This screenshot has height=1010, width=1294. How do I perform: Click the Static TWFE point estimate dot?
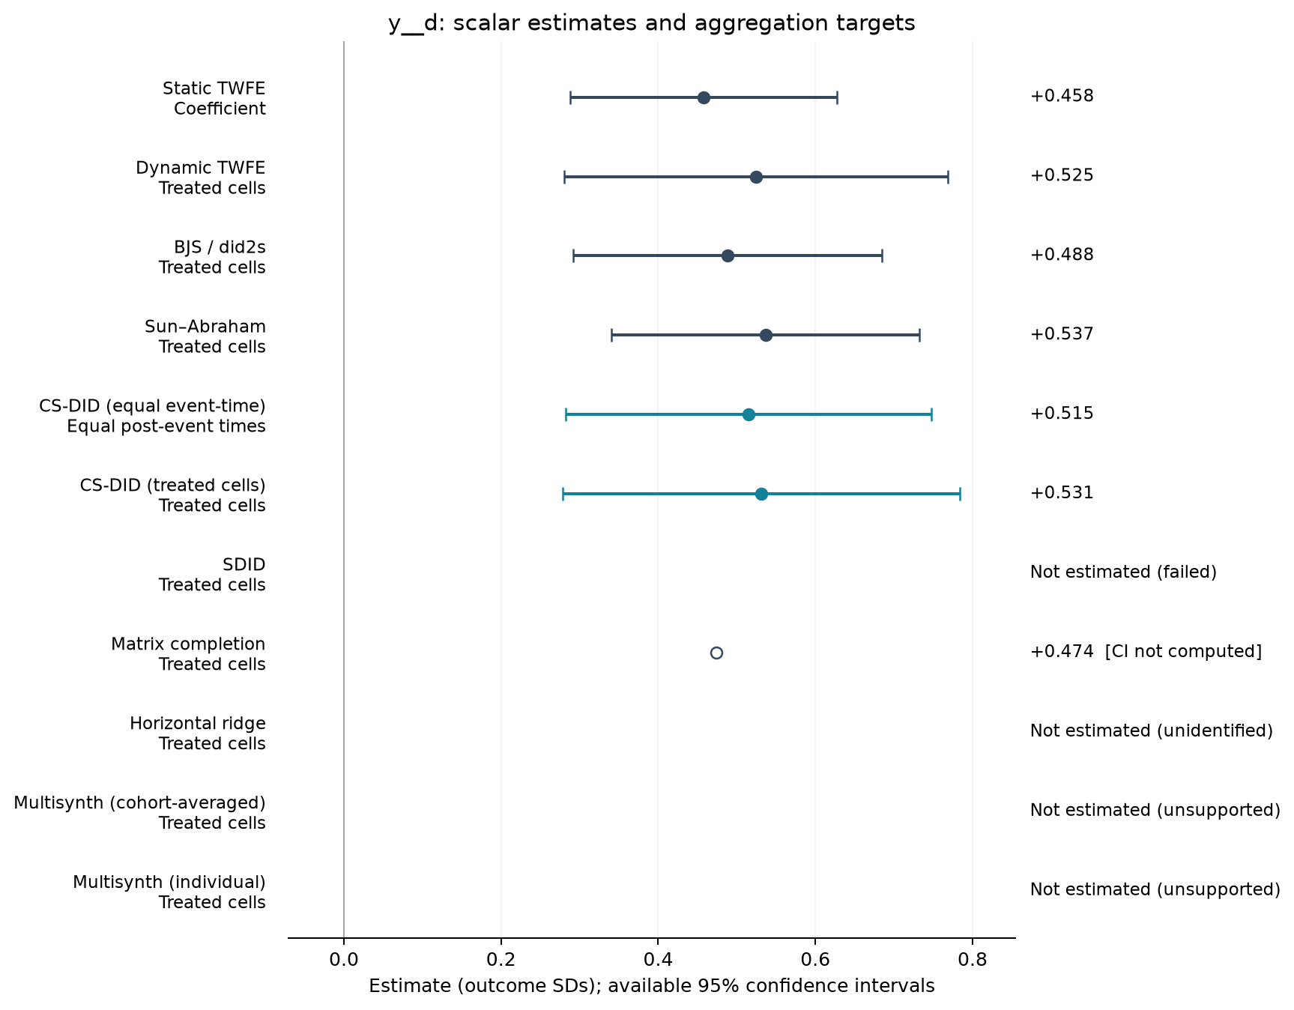click(x=704, y=98)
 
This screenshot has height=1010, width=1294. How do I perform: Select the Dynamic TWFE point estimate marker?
click(x=756, y=178)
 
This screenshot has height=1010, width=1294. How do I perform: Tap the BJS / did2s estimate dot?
click(x=728, y=256)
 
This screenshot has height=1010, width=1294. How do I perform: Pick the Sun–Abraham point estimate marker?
click(x=766, y=336)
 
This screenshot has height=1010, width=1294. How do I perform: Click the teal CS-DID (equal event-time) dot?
click(x=749, y=415)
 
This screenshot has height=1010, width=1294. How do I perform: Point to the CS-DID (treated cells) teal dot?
click(x=761, y=494)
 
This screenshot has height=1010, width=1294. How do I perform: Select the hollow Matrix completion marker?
click(x=716, y=653)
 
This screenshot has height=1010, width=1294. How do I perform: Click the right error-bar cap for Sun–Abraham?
click(x=919, y=336)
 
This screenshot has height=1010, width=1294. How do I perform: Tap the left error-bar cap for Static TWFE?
click(x=570, y=98)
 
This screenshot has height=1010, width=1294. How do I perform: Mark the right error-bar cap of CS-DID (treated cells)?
click(x=960, y=494)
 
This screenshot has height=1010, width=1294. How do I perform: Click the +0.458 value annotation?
click(x=1062, y=96)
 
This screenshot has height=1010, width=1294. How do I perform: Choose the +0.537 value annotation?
click(x=1062, y=334)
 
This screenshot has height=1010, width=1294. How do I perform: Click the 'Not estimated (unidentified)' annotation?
click(x=1152, y=731)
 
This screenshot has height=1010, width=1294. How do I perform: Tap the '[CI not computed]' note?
click(x=1184, y=652)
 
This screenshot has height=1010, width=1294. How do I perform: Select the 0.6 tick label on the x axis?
click(x=814, y=958)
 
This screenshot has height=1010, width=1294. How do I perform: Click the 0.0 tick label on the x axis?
click(x=344, y=958)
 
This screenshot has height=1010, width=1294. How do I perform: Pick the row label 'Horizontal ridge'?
click(x=198, y=724)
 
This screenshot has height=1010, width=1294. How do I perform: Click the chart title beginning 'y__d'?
click(x=652, y=24)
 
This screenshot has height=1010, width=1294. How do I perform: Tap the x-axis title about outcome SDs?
click(x=652, y=987)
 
